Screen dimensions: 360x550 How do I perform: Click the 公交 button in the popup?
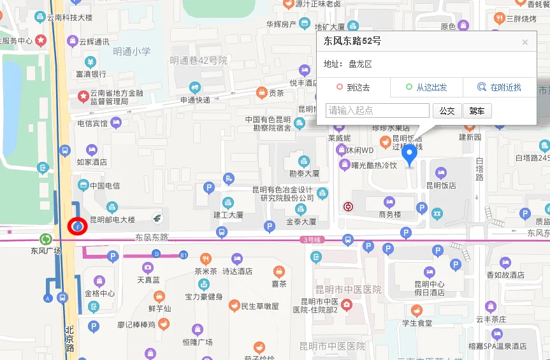point(447,111)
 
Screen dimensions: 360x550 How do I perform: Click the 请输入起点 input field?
point(377,111)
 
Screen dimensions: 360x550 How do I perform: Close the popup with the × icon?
point(525,43)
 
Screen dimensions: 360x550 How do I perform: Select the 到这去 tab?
point(354,87)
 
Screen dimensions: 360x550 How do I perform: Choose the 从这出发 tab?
point(426,87)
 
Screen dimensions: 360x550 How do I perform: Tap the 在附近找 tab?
point(500,87)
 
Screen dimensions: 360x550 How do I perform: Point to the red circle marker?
point(76,226)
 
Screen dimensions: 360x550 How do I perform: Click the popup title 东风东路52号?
point(352,42)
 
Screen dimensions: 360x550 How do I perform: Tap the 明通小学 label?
point(132,52)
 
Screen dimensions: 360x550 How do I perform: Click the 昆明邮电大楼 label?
point(112,220)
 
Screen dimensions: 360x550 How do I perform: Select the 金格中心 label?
point(99,294)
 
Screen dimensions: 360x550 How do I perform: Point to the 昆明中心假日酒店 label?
point(430,288)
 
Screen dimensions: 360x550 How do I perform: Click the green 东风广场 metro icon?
point(46,240)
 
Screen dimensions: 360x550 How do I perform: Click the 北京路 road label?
point(69,340)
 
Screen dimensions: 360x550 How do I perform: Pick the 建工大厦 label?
point(228,215)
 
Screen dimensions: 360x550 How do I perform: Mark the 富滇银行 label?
point(90,74)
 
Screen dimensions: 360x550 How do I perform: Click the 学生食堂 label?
point(417,322)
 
